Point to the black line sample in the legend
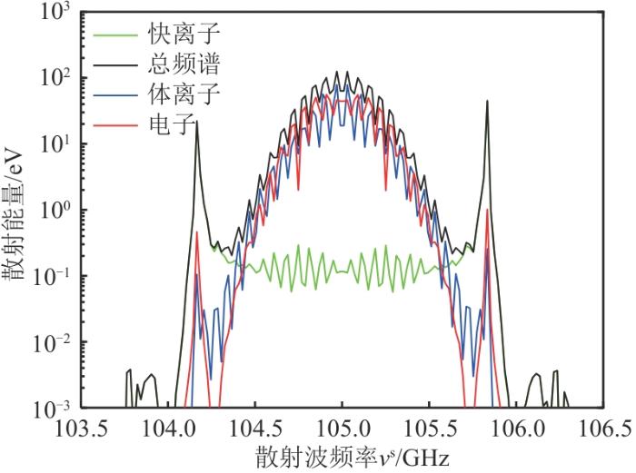114,65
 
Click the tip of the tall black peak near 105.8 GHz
487,101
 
